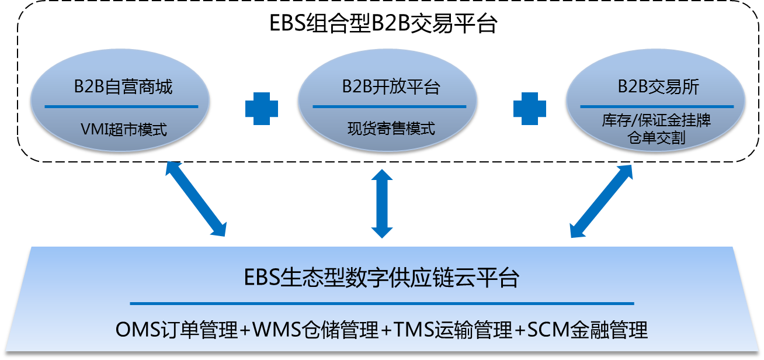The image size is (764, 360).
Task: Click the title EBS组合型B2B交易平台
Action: tap(383, 24)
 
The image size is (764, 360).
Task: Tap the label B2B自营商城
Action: tap(123, 88)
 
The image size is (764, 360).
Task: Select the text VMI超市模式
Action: tap(123, 129)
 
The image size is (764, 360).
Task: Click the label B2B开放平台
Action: tap(391, 88)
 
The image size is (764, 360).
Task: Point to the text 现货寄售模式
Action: tap(391, 129)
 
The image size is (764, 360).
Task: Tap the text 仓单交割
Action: tap(656, 138)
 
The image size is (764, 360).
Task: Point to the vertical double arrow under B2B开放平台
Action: tap(382, 203)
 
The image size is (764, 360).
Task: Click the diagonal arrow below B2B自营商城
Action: tap(196, 199)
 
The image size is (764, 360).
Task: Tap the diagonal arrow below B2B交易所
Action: tap(600, 200)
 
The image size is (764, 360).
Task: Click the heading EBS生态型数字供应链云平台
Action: tap(381, 278)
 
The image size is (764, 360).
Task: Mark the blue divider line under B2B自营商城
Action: tap(121, 106)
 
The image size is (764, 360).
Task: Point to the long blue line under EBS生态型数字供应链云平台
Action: tap(381, 303)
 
